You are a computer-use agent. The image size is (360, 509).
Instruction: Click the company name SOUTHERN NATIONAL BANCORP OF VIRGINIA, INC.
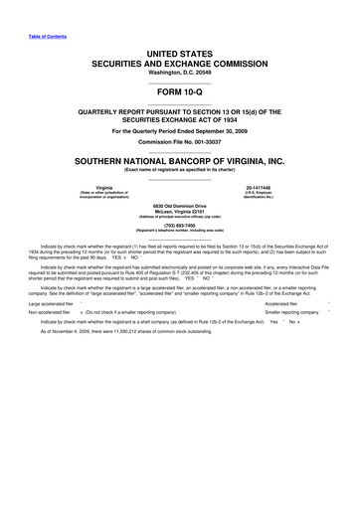pos(179,160)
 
